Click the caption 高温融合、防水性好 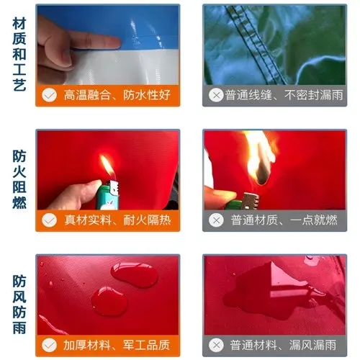click(117, 95)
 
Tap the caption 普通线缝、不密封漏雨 click(284, 95)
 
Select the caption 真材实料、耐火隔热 click(117, 220)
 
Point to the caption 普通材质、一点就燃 click(284, 220)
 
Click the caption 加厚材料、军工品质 click(117, 345)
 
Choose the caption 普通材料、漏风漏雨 click(283, 345)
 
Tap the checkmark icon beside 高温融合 click(49, 95)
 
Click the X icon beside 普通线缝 click(216, 95)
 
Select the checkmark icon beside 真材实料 click(49, 220)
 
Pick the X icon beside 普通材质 click(216, 220)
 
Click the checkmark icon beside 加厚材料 click(49, 345)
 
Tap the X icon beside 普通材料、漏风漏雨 click(216, 345)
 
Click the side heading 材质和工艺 click(19, 54)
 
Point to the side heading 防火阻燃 click(19, 179)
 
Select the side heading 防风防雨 click(19, 305)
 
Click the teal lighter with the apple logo click(107, 195)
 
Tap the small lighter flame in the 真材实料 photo click(107, 166)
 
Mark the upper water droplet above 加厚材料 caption click(134, 275)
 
